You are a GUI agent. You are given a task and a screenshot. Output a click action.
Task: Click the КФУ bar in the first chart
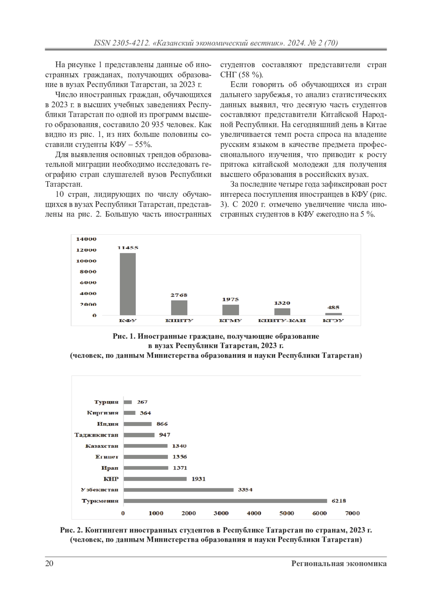(x=128, y=284)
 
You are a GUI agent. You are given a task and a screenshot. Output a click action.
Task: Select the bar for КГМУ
(x=230, y=310)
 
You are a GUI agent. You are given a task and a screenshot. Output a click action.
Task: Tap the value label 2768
(x=179, y=295)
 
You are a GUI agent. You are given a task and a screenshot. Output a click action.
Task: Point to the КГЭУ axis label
(x=333, y=320)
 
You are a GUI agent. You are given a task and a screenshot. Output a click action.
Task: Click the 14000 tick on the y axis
(x=86, y=239)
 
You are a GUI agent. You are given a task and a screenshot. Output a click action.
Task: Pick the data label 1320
(x=282, y=303)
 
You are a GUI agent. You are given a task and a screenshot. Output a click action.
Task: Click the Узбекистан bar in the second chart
(x=178, y=490)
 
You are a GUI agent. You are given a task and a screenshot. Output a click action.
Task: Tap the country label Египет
(x=107, y=457)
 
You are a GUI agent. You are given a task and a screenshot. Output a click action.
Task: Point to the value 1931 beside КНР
(x=198, y=479)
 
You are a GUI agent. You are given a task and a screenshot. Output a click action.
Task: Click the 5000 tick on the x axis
(x=287, y=513)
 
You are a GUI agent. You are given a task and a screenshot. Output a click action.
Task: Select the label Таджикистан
(x=96, y=435)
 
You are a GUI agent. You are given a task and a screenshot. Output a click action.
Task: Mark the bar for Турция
(x=128, y=402)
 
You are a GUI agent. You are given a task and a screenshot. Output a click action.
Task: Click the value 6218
(x=339, y=501)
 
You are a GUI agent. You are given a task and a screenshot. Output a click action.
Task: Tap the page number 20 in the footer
(x=49, y=564)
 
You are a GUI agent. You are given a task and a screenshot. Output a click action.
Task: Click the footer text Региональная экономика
(x=339, y=564)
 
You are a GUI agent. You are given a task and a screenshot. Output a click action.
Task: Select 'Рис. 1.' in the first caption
(x=124, y=336)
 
